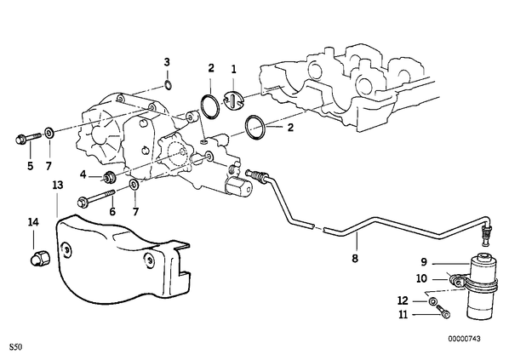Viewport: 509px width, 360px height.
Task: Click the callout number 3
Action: tap(167, 62)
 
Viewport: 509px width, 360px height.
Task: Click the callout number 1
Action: tap(234, 69)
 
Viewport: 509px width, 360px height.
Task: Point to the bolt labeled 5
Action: tap(28, 138)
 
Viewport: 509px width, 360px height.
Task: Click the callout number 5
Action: tap(30, 166)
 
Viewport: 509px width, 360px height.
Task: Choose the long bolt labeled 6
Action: tap(96, 198)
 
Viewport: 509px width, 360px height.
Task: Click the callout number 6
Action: tap(112, 212)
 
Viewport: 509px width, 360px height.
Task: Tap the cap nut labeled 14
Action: tap(40, 259)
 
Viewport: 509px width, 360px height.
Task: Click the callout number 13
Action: tap(58, 186)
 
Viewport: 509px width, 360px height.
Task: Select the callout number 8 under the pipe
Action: tap(355, 259)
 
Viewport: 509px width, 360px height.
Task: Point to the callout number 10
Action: tap(421, 278)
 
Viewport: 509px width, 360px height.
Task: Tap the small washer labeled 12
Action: tap(432, 302)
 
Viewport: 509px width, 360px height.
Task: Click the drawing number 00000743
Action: tap(464, 339)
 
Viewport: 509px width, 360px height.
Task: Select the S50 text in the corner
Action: tap(15, 347)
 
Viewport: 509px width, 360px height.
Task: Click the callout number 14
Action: tap(33, 222)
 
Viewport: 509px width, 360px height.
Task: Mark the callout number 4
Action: tap(83, 174)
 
